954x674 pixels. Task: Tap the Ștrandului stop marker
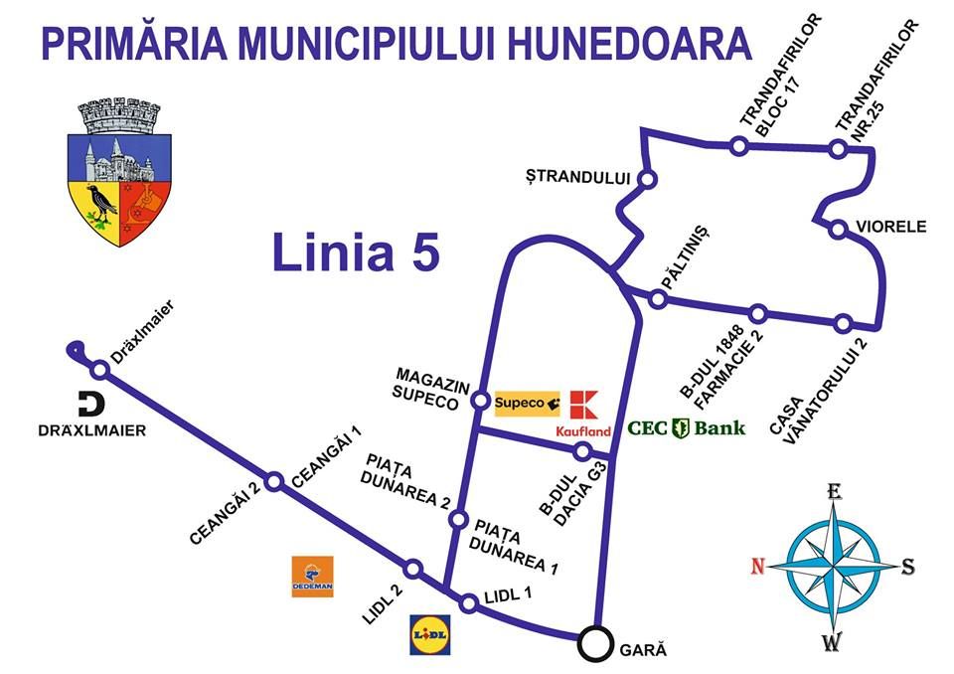[646, 180]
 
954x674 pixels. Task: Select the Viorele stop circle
[838, 230]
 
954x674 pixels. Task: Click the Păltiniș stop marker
[658, 299]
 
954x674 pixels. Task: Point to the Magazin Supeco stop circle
[480, 401]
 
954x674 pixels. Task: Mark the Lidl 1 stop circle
[469, 602]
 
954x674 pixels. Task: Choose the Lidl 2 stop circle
[413, 569]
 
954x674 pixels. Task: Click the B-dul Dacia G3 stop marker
[583, 452]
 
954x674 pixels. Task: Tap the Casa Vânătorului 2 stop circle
[843, 323]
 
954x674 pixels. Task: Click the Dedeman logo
[312, 577]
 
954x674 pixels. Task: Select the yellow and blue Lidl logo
[430, 633]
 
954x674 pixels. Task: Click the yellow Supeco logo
[527, 403]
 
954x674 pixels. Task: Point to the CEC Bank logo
[686, 428]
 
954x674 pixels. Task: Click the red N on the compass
[757, 567]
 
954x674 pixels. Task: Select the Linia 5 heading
[355, 253]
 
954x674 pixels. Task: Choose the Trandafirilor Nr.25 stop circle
[838, 149]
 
